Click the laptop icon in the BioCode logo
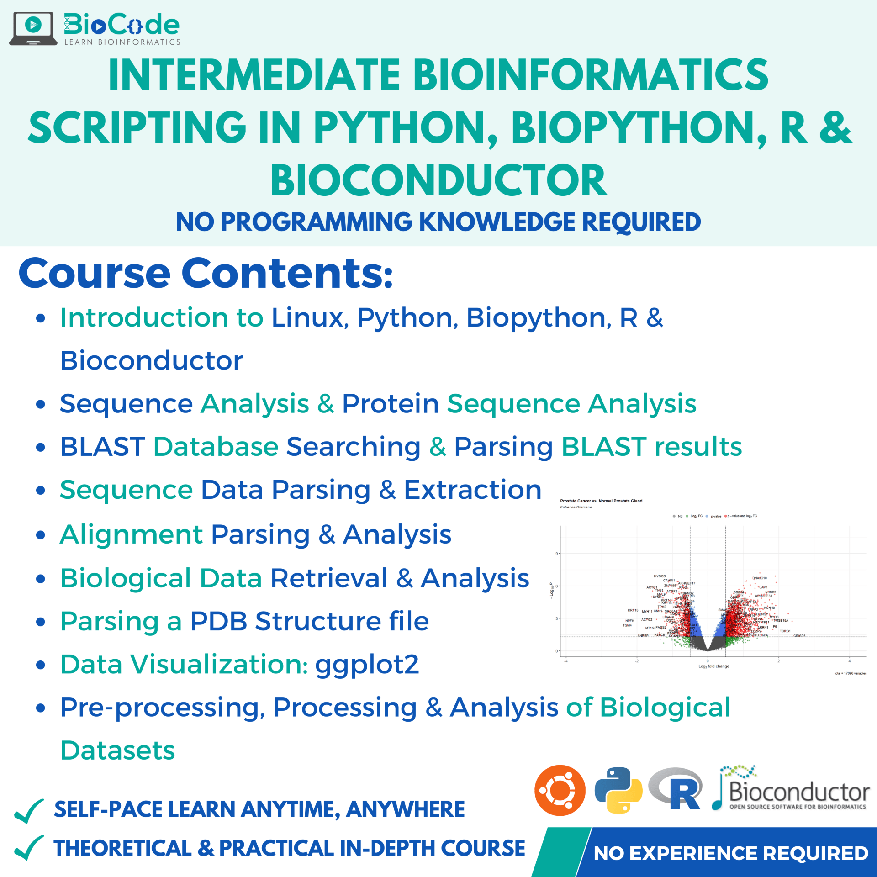[33, 28]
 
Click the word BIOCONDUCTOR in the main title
[438, 181]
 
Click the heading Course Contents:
[206, 274]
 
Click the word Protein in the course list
[391, 404]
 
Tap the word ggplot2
[367, 664]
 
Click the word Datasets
[118, 750]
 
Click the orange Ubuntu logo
[560, 790]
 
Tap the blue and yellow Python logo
[618, 790]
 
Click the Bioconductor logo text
[799, 792]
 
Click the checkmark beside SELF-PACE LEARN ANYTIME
[29, 811]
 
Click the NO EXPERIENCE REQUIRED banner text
[730, 853]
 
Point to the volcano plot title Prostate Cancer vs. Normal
[601, 501]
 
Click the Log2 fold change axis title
[713, 666]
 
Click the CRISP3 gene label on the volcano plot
[799, 636]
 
